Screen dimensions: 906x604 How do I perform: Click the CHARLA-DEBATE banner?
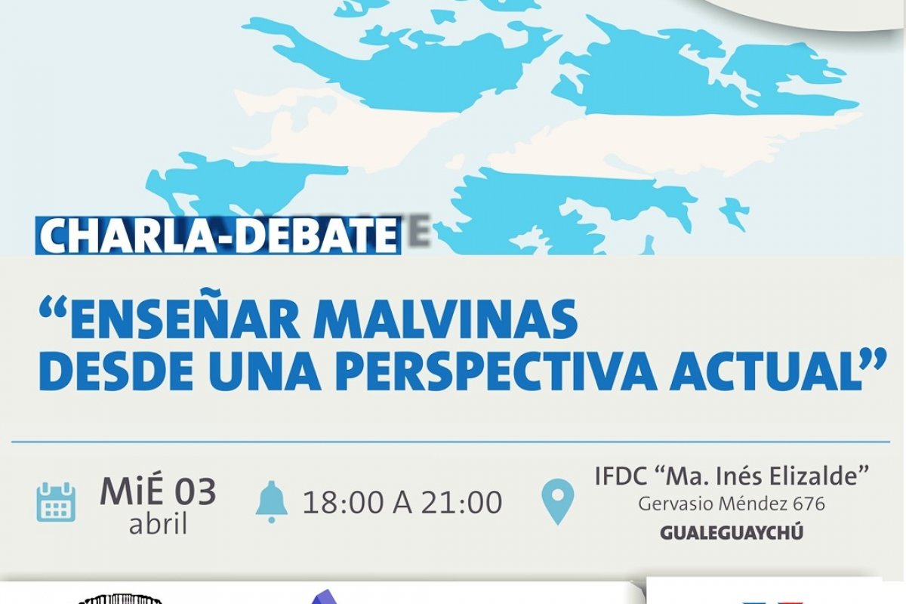tap(218, 236)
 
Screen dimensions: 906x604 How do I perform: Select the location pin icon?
tap(557, 501)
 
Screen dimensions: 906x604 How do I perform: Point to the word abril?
tap(158, 524)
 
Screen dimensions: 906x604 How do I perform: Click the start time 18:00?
tap(344, 503)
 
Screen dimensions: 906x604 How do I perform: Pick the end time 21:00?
tap(462, 503)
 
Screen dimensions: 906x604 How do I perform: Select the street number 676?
tap(809, 504)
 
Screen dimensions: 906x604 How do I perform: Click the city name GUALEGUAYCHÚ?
tap(732, 533)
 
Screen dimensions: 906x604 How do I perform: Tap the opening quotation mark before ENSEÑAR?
tap(53, 309)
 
